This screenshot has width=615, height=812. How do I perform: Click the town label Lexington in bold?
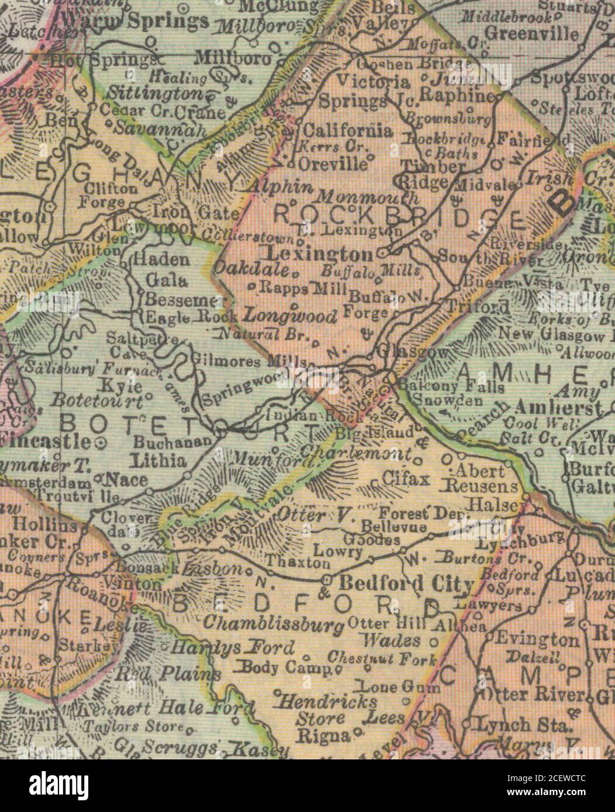(319, 254)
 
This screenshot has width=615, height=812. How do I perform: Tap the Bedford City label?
(406, 584)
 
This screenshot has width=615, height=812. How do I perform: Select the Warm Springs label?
(134, 22)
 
